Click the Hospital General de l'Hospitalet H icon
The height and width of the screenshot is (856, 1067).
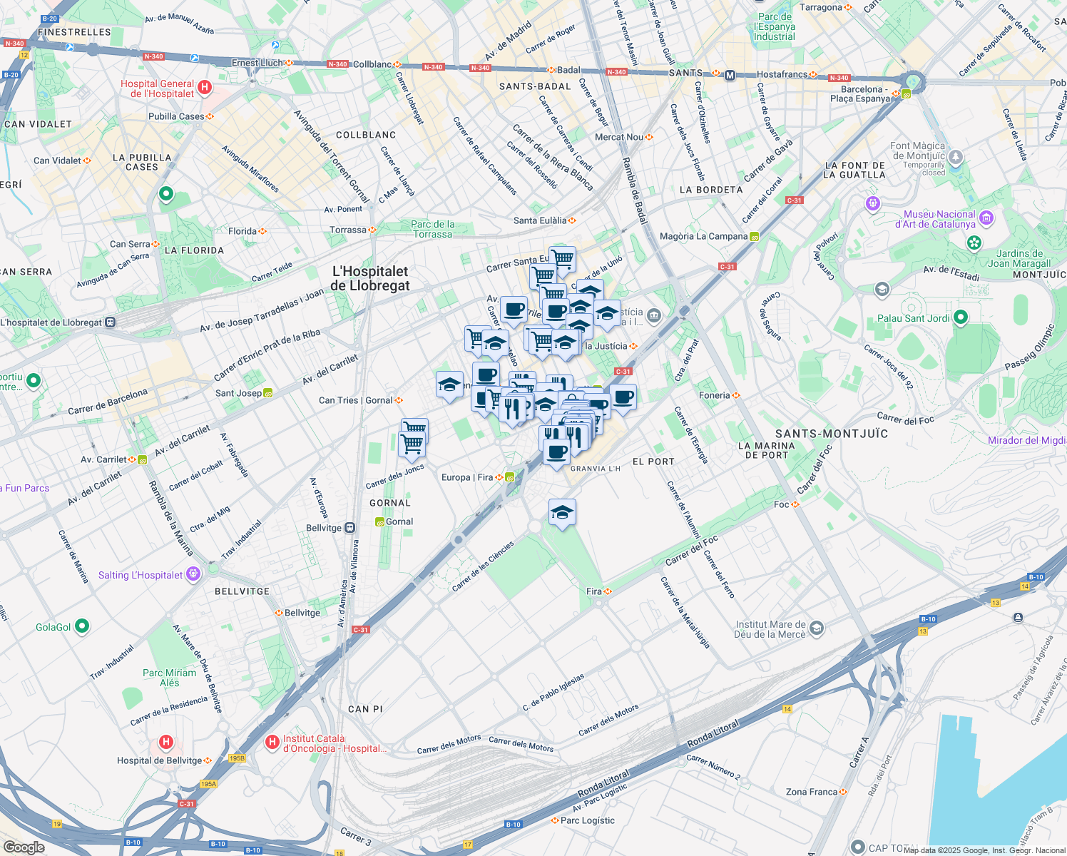(205, 88)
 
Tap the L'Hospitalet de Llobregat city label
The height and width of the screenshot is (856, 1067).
(369, 278)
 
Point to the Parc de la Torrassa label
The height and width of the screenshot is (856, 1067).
(432, 229)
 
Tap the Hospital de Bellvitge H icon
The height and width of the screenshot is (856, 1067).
(166, 743)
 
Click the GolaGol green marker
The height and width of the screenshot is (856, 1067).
(82, 626)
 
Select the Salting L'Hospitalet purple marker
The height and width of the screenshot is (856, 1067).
(193, 574)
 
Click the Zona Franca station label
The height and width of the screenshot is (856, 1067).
(812, 792)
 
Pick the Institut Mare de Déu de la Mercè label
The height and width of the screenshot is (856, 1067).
(770, 628)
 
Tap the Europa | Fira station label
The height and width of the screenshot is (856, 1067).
(467, 477)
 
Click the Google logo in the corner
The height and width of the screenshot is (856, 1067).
(24, 847)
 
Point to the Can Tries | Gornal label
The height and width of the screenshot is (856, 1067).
(355, 400)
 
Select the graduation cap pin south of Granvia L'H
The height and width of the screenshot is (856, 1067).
(562, 512)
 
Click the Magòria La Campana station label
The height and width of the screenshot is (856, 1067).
(703, 236)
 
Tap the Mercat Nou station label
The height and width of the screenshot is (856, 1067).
(619, 137)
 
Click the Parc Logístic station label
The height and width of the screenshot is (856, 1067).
(587, 820)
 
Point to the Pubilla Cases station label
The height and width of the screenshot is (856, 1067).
(176, 116)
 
